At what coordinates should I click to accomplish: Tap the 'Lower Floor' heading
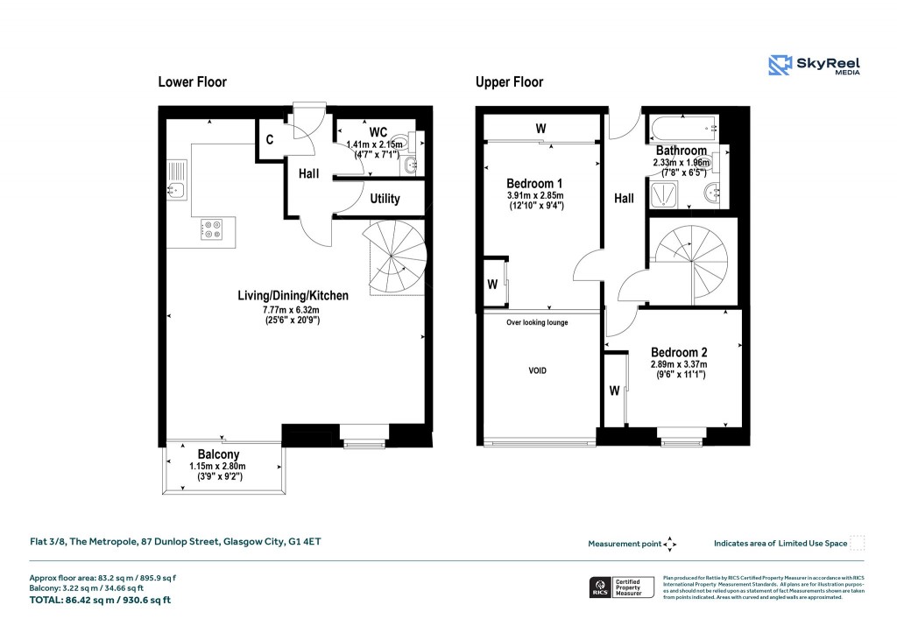pos(192,82)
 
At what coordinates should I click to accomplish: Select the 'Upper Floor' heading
pos(509,82)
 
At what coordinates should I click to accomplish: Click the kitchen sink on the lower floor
pos(178,179)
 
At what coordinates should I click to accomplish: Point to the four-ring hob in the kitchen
pos(212,229)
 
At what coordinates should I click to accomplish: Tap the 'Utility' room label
pos(385,199)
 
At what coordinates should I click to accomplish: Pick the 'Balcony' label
pos(218,454)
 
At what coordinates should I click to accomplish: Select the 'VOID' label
pos(537,370)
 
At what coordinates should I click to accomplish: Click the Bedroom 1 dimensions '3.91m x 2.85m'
pos(535,195)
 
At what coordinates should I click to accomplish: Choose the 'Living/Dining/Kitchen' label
pos(293,296)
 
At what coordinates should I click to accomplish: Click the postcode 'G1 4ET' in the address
pos(305,542)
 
